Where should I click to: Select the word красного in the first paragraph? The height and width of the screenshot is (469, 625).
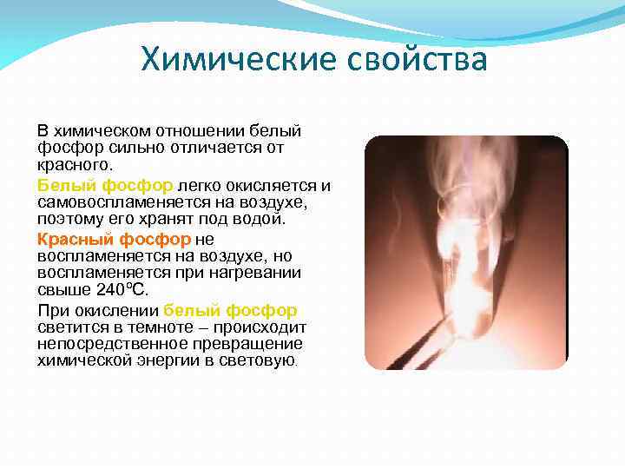pos(73,164)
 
